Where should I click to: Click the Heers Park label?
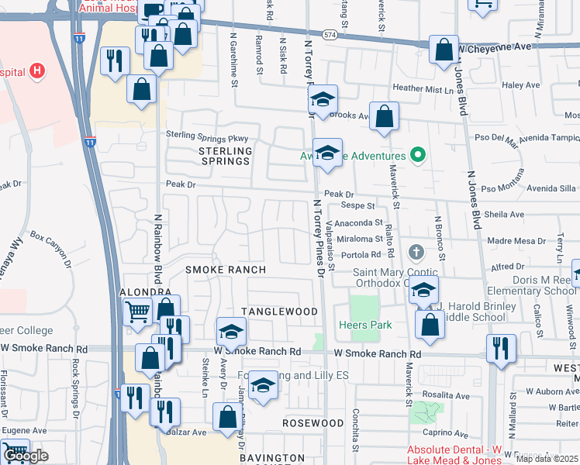(365, 325)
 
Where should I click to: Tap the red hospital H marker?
(36, 73)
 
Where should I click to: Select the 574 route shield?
(330, 35)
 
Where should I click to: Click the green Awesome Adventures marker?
(419, 155)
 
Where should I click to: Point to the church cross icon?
(416, 253)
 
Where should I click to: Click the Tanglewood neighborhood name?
(279, 312)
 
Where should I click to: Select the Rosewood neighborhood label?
(312, 424)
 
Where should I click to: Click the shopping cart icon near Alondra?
(137, 312)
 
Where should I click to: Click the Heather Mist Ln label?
(423, 90)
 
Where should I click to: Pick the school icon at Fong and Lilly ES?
(263, 385)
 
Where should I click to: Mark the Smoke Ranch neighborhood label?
(225, 270)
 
